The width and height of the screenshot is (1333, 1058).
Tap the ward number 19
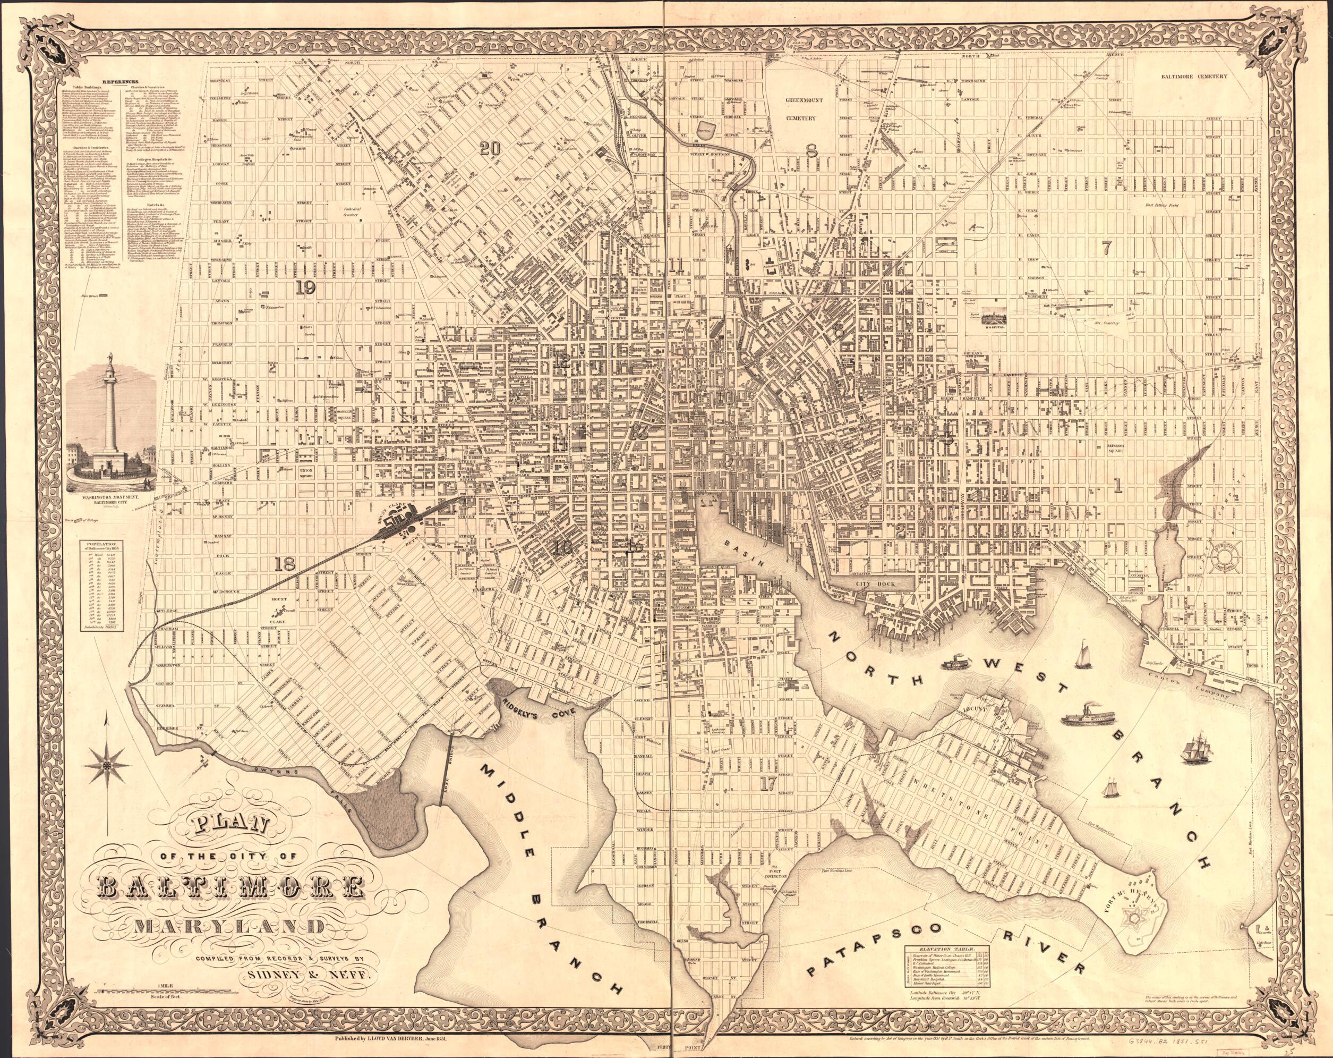306,287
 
